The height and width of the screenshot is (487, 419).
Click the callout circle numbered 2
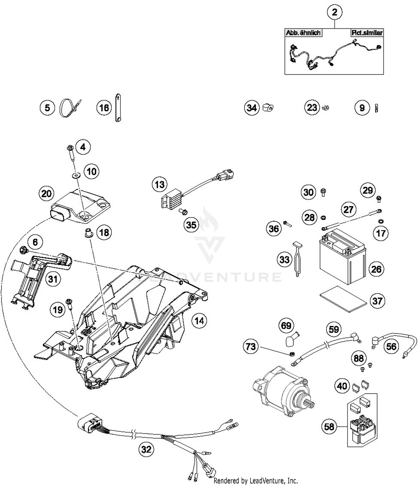click(335, 12)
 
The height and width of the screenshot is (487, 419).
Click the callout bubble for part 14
click(199, 321)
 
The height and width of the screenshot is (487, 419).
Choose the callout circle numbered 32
click(146, 449)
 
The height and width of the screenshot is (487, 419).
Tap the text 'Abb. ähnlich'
click(303, 33)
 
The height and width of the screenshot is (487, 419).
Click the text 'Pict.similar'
click(367, 33)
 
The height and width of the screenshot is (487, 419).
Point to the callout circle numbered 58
click(329, 427)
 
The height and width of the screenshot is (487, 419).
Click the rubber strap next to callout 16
click(118, 108)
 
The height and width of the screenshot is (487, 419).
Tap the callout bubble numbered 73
click(251, 347)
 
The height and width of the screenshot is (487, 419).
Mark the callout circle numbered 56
click(391, 346)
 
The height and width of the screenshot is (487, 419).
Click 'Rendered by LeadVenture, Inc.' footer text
click(256, 481)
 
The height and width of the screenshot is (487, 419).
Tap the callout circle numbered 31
click(53, 279)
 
